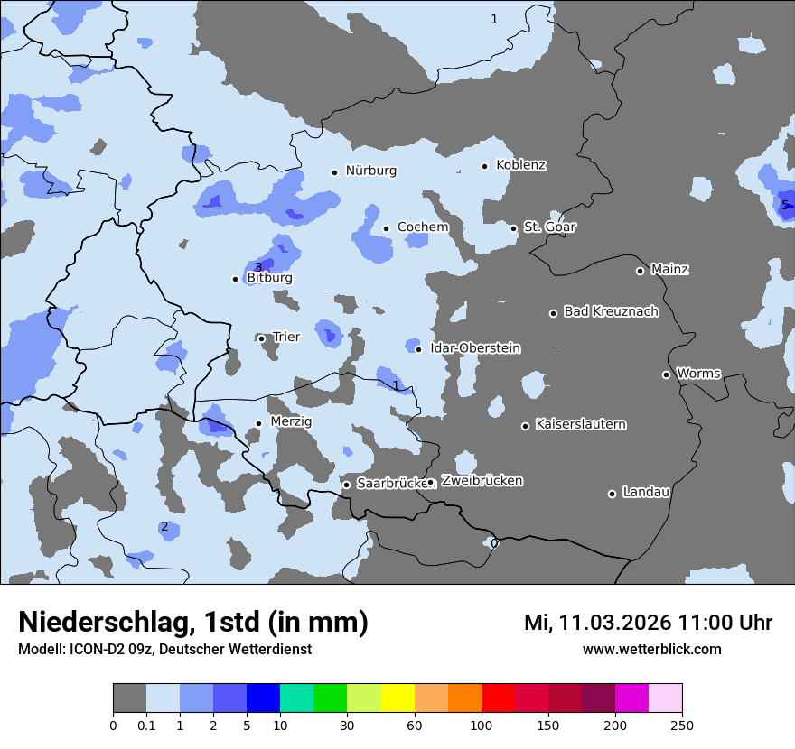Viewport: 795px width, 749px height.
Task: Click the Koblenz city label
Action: (520, 165)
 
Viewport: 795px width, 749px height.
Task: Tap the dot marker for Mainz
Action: (640, 271)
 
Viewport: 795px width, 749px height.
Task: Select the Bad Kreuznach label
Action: (611, 311)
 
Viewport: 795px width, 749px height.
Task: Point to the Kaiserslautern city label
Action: (580, 424)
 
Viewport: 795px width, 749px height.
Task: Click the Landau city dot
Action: (612, 494)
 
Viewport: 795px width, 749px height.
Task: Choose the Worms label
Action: (698, 373)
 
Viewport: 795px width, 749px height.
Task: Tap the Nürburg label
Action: (370, 171)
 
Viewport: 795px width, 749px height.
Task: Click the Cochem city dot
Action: (386, 228)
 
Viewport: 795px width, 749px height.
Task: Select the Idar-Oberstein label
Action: (475, 347)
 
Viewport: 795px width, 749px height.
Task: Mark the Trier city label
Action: (286, 337)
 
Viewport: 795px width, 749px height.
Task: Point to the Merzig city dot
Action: (258, 423)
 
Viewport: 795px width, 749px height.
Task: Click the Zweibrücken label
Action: (482, 481)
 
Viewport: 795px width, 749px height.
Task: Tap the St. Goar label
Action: (549, 227)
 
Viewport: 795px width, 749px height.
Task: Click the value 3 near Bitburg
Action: (258, 267)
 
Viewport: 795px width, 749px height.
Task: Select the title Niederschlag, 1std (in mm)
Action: (193, 623)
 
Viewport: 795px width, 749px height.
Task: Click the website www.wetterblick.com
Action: (651, 649)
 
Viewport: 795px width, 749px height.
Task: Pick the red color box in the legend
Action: (498, 698)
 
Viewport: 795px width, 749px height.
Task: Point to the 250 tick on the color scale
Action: (682, 725)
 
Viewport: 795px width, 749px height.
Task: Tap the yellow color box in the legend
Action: (397, 698)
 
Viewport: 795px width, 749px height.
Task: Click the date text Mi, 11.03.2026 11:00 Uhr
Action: (648, 623)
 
